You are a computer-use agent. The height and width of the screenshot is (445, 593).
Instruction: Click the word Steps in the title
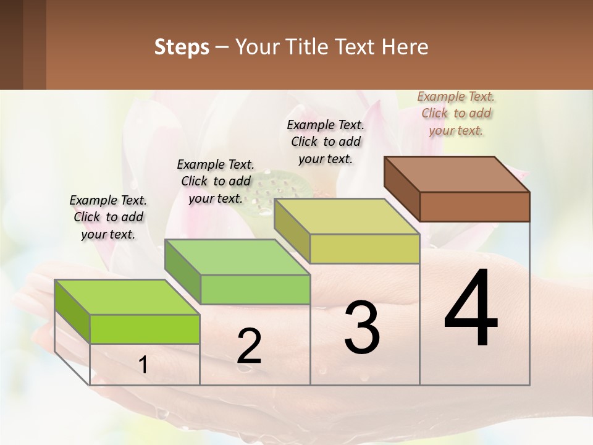(182, 47)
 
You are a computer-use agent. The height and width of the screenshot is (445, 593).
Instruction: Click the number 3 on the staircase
(362, 328)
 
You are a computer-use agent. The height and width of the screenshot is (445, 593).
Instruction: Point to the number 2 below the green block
(249, 346)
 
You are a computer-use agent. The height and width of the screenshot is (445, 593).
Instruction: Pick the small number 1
(143, 365)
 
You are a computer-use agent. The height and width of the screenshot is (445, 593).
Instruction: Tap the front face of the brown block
(474, 206)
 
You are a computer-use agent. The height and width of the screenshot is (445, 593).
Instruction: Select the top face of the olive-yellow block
(347, 216)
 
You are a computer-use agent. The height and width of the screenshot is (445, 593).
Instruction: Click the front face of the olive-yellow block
(364, 248)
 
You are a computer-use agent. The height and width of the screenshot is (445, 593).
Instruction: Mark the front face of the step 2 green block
(255, 289)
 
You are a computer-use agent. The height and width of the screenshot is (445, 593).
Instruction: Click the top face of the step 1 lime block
(127, 297)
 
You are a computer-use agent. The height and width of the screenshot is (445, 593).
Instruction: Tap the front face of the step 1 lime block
(145, 329)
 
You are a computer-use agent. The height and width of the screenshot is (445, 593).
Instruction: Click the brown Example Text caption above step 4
(456, 113)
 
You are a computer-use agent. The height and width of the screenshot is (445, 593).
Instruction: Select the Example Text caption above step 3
(326, 142)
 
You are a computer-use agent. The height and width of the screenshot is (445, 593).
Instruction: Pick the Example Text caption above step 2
(216, 181)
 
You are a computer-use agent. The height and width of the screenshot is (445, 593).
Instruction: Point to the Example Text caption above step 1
(108, 217)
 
